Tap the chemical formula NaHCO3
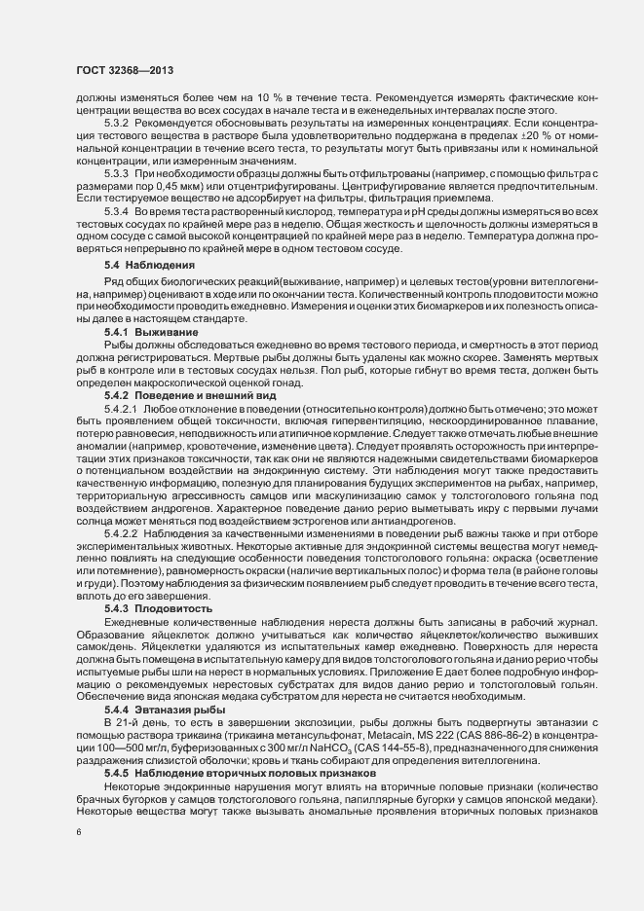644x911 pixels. coord(327,753)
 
